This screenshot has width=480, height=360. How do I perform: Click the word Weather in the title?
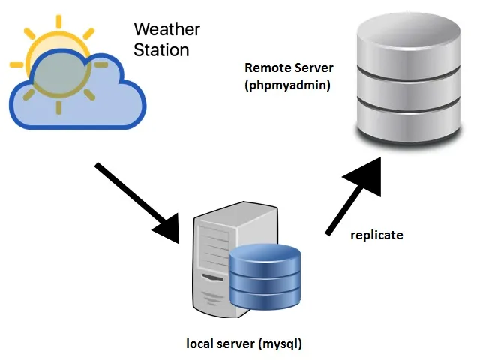[x=167, y=30]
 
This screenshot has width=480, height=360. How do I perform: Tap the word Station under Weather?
[x=161, y=51]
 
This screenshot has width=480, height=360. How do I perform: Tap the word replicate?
[x=377, y=235]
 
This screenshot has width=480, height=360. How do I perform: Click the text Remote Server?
[x=289, y=68]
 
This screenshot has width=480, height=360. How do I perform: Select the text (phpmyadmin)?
[x=288, y=85]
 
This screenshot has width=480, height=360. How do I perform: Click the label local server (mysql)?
[x=244, y=344]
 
